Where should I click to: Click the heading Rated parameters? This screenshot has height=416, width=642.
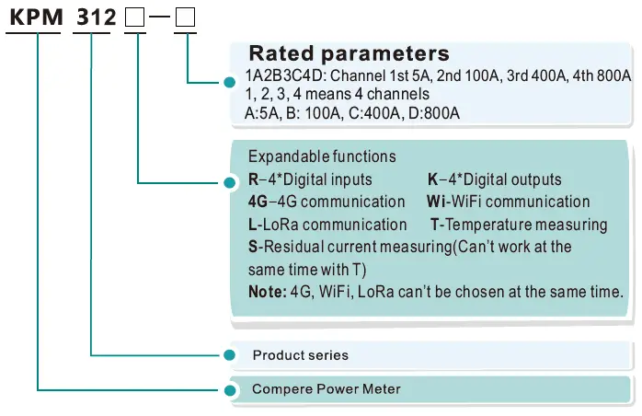point(350,54)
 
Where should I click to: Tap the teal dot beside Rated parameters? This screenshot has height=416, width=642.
point(230,84)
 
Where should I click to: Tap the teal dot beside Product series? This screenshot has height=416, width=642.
point(230,354)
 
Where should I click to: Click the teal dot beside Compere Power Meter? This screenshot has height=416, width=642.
point(230,389)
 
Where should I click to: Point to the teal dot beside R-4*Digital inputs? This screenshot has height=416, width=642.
point(230,181)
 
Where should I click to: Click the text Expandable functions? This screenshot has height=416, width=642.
point(322,156)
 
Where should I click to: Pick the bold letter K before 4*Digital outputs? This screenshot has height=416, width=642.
point(432,179)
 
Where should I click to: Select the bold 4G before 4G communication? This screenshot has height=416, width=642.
point(258,202)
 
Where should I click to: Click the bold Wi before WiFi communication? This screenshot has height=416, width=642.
point(435,202)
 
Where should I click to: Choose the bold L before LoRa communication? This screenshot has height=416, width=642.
point(252,225)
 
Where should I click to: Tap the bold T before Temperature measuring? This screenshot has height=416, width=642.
point(435,225)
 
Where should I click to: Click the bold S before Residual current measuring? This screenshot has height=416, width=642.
point(252,247)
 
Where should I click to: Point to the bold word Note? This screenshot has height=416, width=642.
point(267,292)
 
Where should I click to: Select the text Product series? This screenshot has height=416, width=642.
point(301,355)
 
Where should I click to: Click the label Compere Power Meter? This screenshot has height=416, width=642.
point(327,389)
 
